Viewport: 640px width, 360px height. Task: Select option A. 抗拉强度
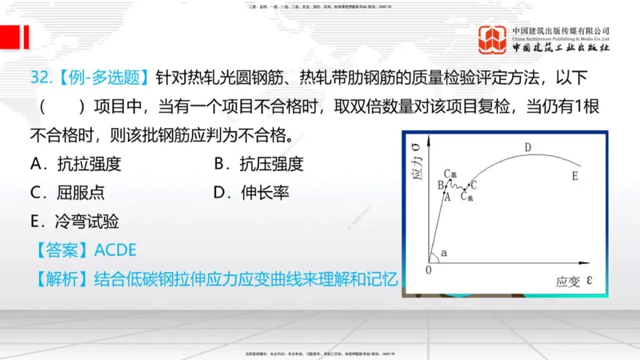click(x=75, y=165)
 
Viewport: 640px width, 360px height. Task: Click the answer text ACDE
click(x=115, y=250)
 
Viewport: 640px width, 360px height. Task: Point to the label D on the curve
click(x=528, y=148)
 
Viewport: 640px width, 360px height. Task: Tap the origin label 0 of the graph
click(x=429, y=270)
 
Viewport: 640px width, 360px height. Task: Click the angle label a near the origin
click(x=444, y=253)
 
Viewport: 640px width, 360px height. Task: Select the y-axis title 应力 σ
click(x=416, y=164)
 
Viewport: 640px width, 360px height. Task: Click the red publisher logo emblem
click(x=492, y=40)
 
